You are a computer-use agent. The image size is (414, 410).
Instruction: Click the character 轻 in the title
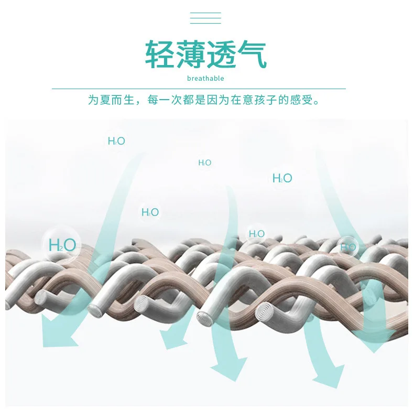pyautogui.click(x=159, y=54)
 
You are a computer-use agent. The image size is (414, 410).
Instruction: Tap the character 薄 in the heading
pyautogui.click(x=190, y=54)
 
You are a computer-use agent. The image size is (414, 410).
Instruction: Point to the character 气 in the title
pyautogui.click(x=252, y=54)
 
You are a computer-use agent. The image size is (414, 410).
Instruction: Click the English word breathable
pyautogui.click(x=205, y=79)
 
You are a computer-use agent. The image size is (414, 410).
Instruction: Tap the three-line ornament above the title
pyautogui.click(x=205, y=18)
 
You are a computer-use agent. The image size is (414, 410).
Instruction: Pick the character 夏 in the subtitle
pyautogui.click(x=106, y=100)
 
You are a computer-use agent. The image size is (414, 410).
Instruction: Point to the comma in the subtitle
pyautogui.click(x=140, y=103)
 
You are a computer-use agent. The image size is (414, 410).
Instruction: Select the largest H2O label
pyautogui.click(x=62, y=245)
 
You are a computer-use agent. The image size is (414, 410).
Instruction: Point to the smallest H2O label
pyautogui.click(x=204, y=163)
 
